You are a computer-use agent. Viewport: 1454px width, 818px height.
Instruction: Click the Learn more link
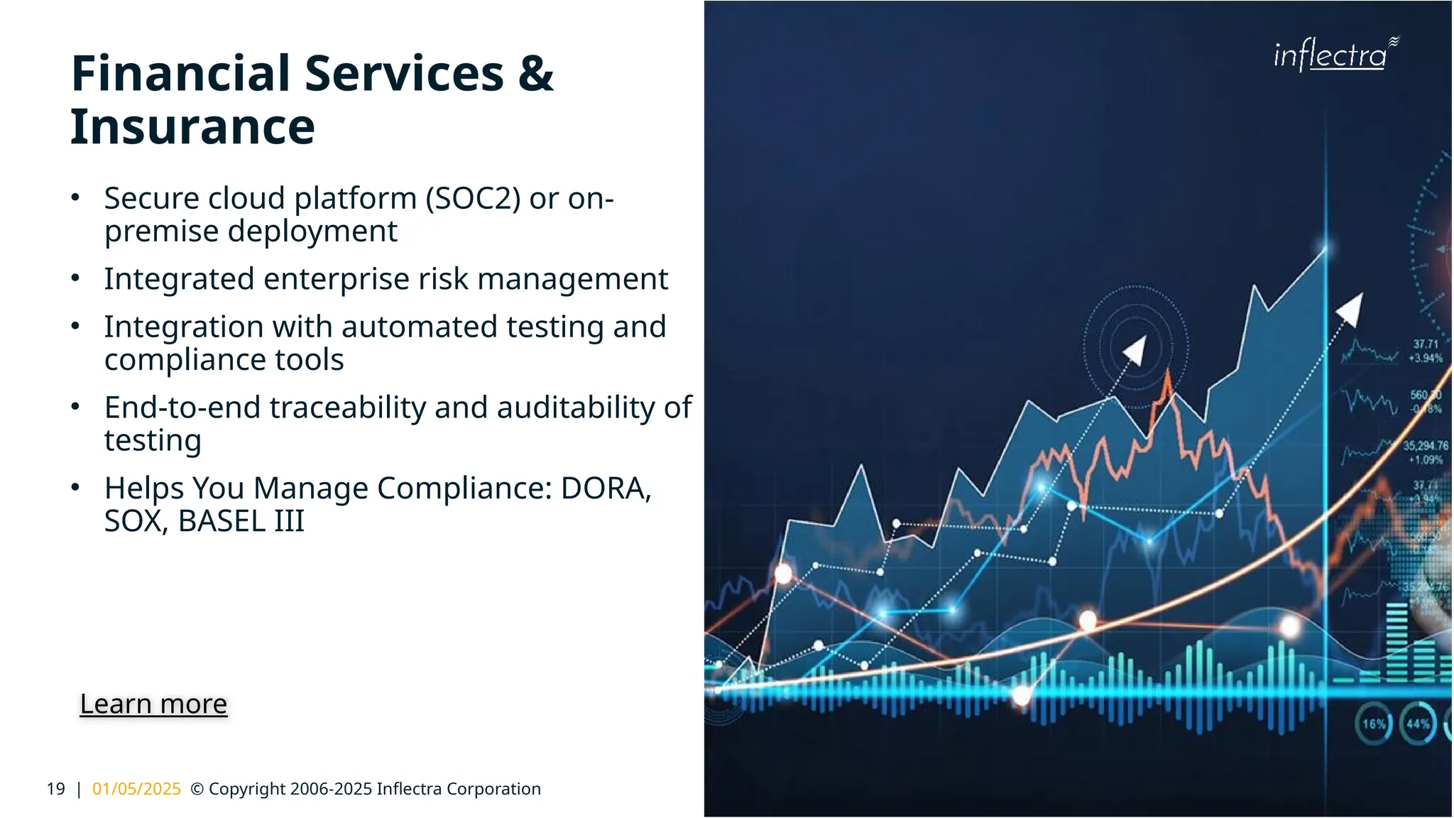click(x=153, y=704)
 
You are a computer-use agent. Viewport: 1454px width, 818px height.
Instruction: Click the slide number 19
click(x=55, y=789)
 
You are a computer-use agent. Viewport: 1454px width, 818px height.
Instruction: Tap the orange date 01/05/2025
click(x=136, y=789)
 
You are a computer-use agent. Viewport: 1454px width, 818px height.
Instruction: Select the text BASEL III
click(x=241, y=521)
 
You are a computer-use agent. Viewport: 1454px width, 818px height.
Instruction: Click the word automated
click(x=419, y=327)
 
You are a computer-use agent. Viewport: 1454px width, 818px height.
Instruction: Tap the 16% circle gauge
click(x=1374, y=724)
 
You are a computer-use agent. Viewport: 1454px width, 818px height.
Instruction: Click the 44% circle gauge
click(x=1418, y=724)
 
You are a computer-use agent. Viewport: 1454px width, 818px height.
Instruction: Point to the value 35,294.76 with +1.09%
click(x=1426, y=452)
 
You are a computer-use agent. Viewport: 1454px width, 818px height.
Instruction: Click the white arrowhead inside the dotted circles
click(x=1135, y=350)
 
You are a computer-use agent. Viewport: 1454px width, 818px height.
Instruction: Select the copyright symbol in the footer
click(x=197, y=789)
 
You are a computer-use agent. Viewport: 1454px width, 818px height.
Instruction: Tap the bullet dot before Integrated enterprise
click(x=75, y=278)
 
